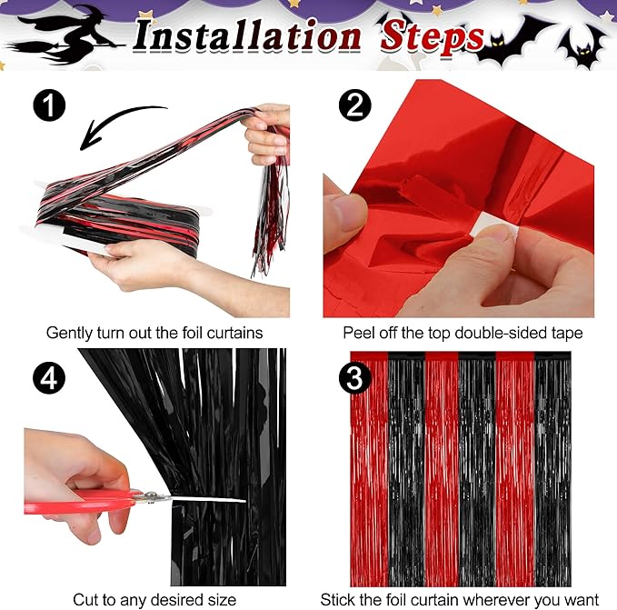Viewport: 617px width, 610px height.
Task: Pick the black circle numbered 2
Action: [355, 106]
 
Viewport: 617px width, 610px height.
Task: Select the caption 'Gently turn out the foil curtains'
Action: [154, 333]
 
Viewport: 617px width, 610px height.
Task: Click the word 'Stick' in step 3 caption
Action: [338, 599]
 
